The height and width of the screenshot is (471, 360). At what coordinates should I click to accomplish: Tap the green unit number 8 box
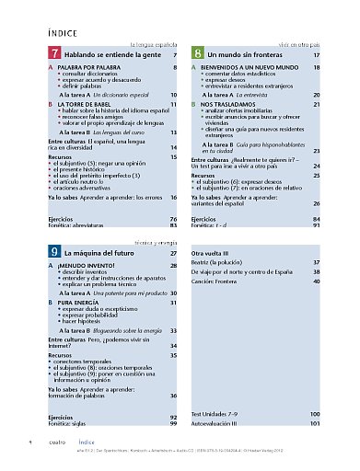click(197, 55)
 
